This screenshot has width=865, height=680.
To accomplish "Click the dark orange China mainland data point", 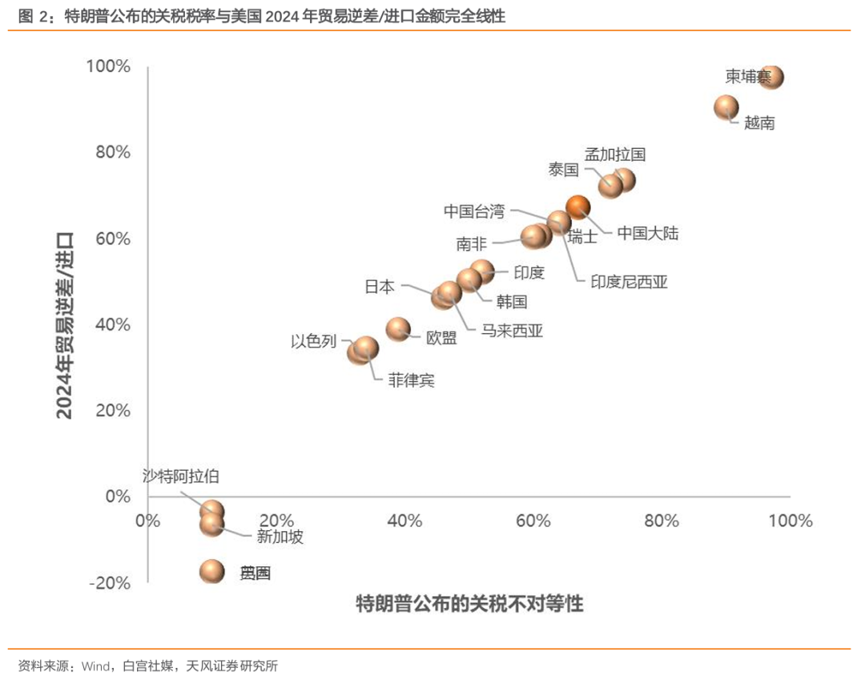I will click(x=577, y=207).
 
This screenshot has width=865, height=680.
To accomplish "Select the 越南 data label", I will click(x=759, y=123).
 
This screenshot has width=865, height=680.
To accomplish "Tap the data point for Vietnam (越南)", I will click(x=726, y=107).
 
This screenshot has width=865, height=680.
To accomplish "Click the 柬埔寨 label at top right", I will click(x=748, y=77).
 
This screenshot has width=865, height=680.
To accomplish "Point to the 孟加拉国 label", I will click(x=614, y=154).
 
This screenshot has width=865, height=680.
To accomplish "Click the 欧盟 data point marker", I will click(x=398, y=328).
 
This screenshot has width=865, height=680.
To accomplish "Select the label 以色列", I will click(x=313, y=341).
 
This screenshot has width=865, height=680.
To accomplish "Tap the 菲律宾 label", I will click(x=411, y=380).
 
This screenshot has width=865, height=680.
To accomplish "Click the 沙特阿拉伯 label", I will click(x=180, y=477).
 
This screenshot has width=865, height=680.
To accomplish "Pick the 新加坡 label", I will click(x=280, y=537).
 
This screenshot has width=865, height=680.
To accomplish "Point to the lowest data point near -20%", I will click(x=212, y=571).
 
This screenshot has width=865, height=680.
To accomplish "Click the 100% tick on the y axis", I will click(x=108, y=66).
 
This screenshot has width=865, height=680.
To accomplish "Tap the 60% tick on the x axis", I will click(x=533, y=521).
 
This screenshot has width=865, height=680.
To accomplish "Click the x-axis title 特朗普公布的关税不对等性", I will click(x=469, y=604).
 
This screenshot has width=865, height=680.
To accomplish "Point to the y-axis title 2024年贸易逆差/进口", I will click(x=65, y=324).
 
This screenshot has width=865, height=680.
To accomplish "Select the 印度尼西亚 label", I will click(x=629, y=282).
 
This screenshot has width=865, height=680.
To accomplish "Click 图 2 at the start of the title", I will click(x=29, y=15).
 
